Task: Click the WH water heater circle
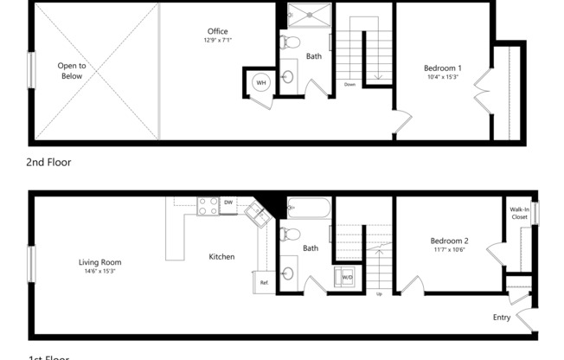(x=260, y=83)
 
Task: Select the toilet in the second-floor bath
(x=292, y=42)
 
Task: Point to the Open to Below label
(x=71, y=70)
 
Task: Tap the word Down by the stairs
(x=349, y=85)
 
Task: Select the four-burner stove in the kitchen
(x=208, y=206)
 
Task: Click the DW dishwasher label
(x=228, y=202)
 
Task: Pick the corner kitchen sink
(x=256, y=212)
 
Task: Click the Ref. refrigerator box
(x=265, y=282)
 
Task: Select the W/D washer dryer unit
(x=345, y=277)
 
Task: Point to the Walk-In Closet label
(x=519, y=213)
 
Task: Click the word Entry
(x=502, y=318)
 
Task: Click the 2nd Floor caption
(x=49, y=162)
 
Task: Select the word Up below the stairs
(x=379, y=293)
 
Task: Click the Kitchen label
(x=221, y=256)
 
